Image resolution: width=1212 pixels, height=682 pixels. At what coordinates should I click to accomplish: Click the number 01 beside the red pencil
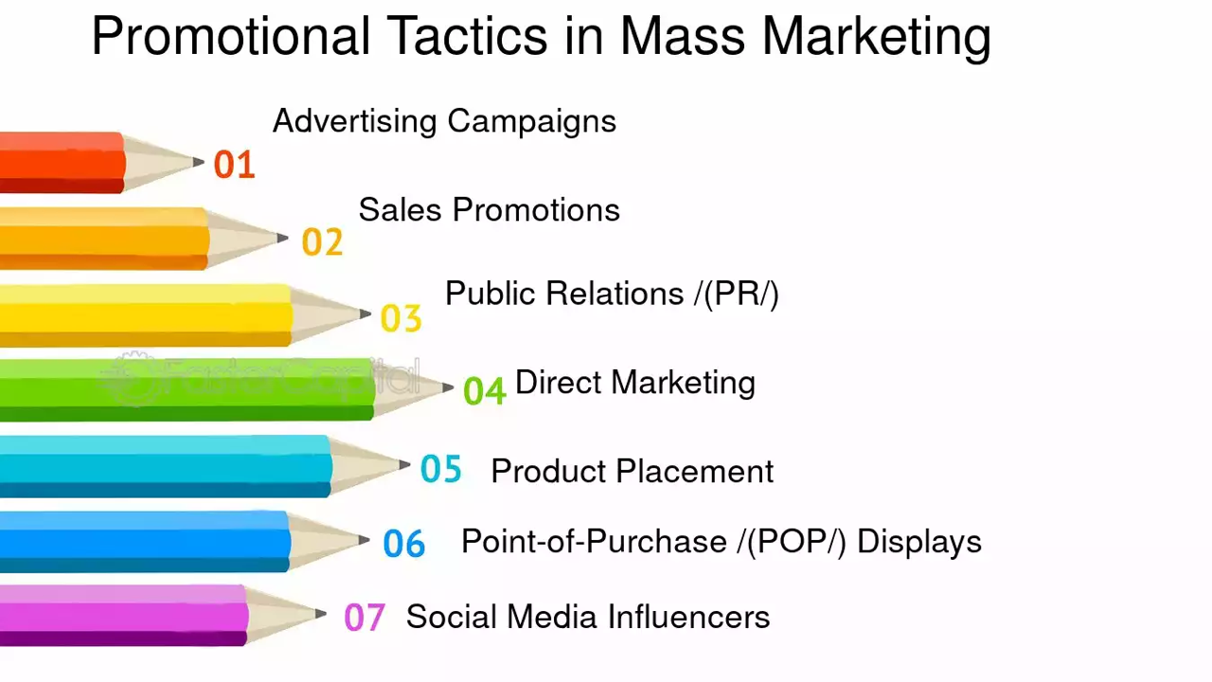tap(234, 165)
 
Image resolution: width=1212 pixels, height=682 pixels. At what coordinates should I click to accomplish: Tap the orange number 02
tap(322, 242)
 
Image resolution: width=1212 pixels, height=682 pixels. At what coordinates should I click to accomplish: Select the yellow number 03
tap(401, 318)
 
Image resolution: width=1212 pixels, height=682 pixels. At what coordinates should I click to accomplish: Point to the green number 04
tap(484, 390)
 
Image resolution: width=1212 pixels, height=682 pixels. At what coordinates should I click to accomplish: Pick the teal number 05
tap(441, 469)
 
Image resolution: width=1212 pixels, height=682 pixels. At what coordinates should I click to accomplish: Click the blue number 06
tap(404, 544)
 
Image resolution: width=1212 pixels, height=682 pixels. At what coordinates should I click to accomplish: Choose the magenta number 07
tap(365, 618)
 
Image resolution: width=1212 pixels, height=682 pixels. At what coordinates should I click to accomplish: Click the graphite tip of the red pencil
tap(199, 162)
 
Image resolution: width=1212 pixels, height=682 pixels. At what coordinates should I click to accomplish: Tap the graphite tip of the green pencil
tap(449, 387)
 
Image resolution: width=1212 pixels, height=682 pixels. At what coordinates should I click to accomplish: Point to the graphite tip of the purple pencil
tap(322, 614)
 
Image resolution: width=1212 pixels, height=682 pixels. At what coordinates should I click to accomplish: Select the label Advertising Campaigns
tap(444, 121)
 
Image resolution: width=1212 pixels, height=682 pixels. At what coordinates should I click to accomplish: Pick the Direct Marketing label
tap(634, 383)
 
